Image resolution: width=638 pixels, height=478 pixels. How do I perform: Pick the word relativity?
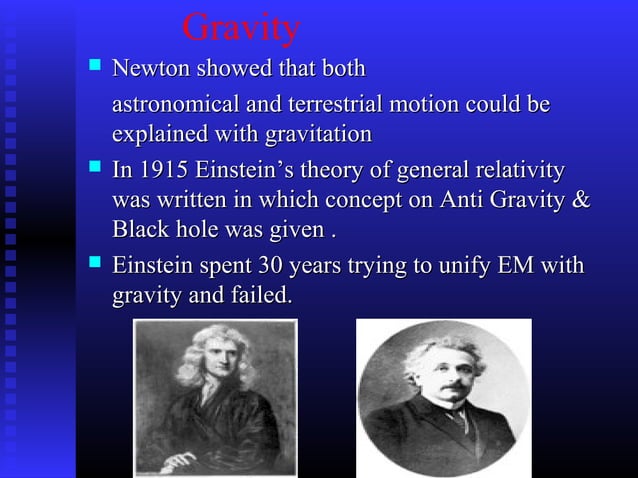pyautogui.click(x=515, y=170)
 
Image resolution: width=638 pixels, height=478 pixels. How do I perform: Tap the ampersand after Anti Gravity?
pyautogui.click(x=579, y=199)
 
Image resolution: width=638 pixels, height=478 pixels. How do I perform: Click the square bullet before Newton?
pyautogui.click(x=95, y=68)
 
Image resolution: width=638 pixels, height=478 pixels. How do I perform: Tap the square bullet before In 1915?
pyautogui.click(x=95, y=168)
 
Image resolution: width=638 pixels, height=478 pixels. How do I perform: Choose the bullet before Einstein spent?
pyautogui.click(x=95, y=264)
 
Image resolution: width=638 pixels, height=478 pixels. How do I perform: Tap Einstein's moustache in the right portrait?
pyautogui.click(x=452, y=386)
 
